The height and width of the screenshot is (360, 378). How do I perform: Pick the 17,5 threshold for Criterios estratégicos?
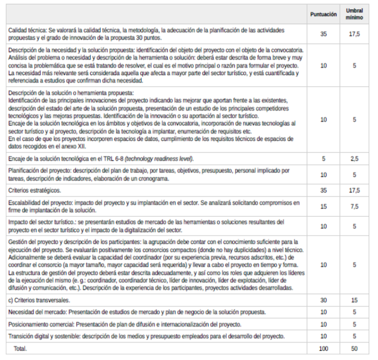pyautogui.click(x=354, y=190)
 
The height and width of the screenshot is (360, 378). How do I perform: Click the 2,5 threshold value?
pyautogui.click(x=354, y=159)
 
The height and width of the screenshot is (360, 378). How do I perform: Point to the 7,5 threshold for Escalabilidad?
pyautogui.click(x=354, y=207)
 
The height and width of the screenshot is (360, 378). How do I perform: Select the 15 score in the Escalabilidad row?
pyautogui.click(x=323, y=207)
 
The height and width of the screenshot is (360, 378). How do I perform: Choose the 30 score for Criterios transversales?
pyautogui.click(x=323, y=300)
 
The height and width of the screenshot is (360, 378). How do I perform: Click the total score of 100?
pyautogui.click(x=323, y=349)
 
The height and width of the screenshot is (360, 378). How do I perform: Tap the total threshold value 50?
pyautogui.click(x=354, y=349)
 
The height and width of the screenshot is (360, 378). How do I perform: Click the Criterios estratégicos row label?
pyautogui.click(x=34, y=190)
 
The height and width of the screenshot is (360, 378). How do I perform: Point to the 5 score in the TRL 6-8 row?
pyautogui.click(x=323, y=159)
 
